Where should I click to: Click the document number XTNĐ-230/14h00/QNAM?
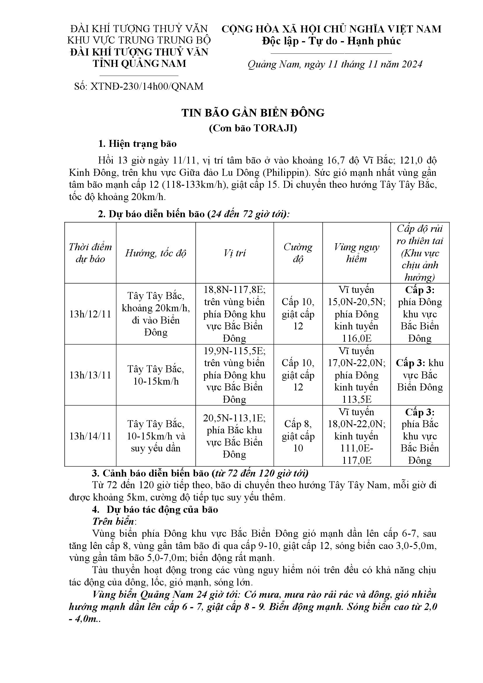pyautogui.click(x=147, y=86)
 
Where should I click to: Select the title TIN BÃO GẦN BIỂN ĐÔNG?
pyautogui.click(x=253, y=113)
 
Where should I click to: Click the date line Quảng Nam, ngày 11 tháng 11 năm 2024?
pyautogui.click(x=335, y=64)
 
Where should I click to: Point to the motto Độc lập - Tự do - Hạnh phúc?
pyautogui.click(x=331, y=41)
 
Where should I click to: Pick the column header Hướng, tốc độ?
pyautogui.click(x=156, y=253)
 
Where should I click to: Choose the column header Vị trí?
pyautogui.click(x=234, y=253)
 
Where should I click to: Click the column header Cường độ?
pyautogui.click(x=298, y=253)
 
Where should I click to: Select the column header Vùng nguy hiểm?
pyautogui.click(x=356, y=253)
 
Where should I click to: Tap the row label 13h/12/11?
pyautogui.click(x=90, y=314)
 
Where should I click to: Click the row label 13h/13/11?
pyautogui.click(x=90, y=375)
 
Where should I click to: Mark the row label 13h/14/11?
pyautogui.click(x=90, y=436)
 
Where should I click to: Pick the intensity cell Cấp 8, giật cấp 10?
pyautogui.click(x=298, y=436)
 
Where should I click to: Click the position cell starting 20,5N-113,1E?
pyautogui.click(x=234, y=436)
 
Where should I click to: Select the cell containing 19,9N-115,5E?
pyautogui.click(x=234, y=375)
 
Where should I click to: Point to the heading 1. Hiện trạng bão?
pyautogui.click(x=138, y=144)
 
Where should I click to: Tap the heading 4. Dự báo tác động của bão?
pyautogui.click(x=155, y=510)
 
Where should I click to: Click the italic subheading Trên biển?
pyautogui.click(x=114, y=522)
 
